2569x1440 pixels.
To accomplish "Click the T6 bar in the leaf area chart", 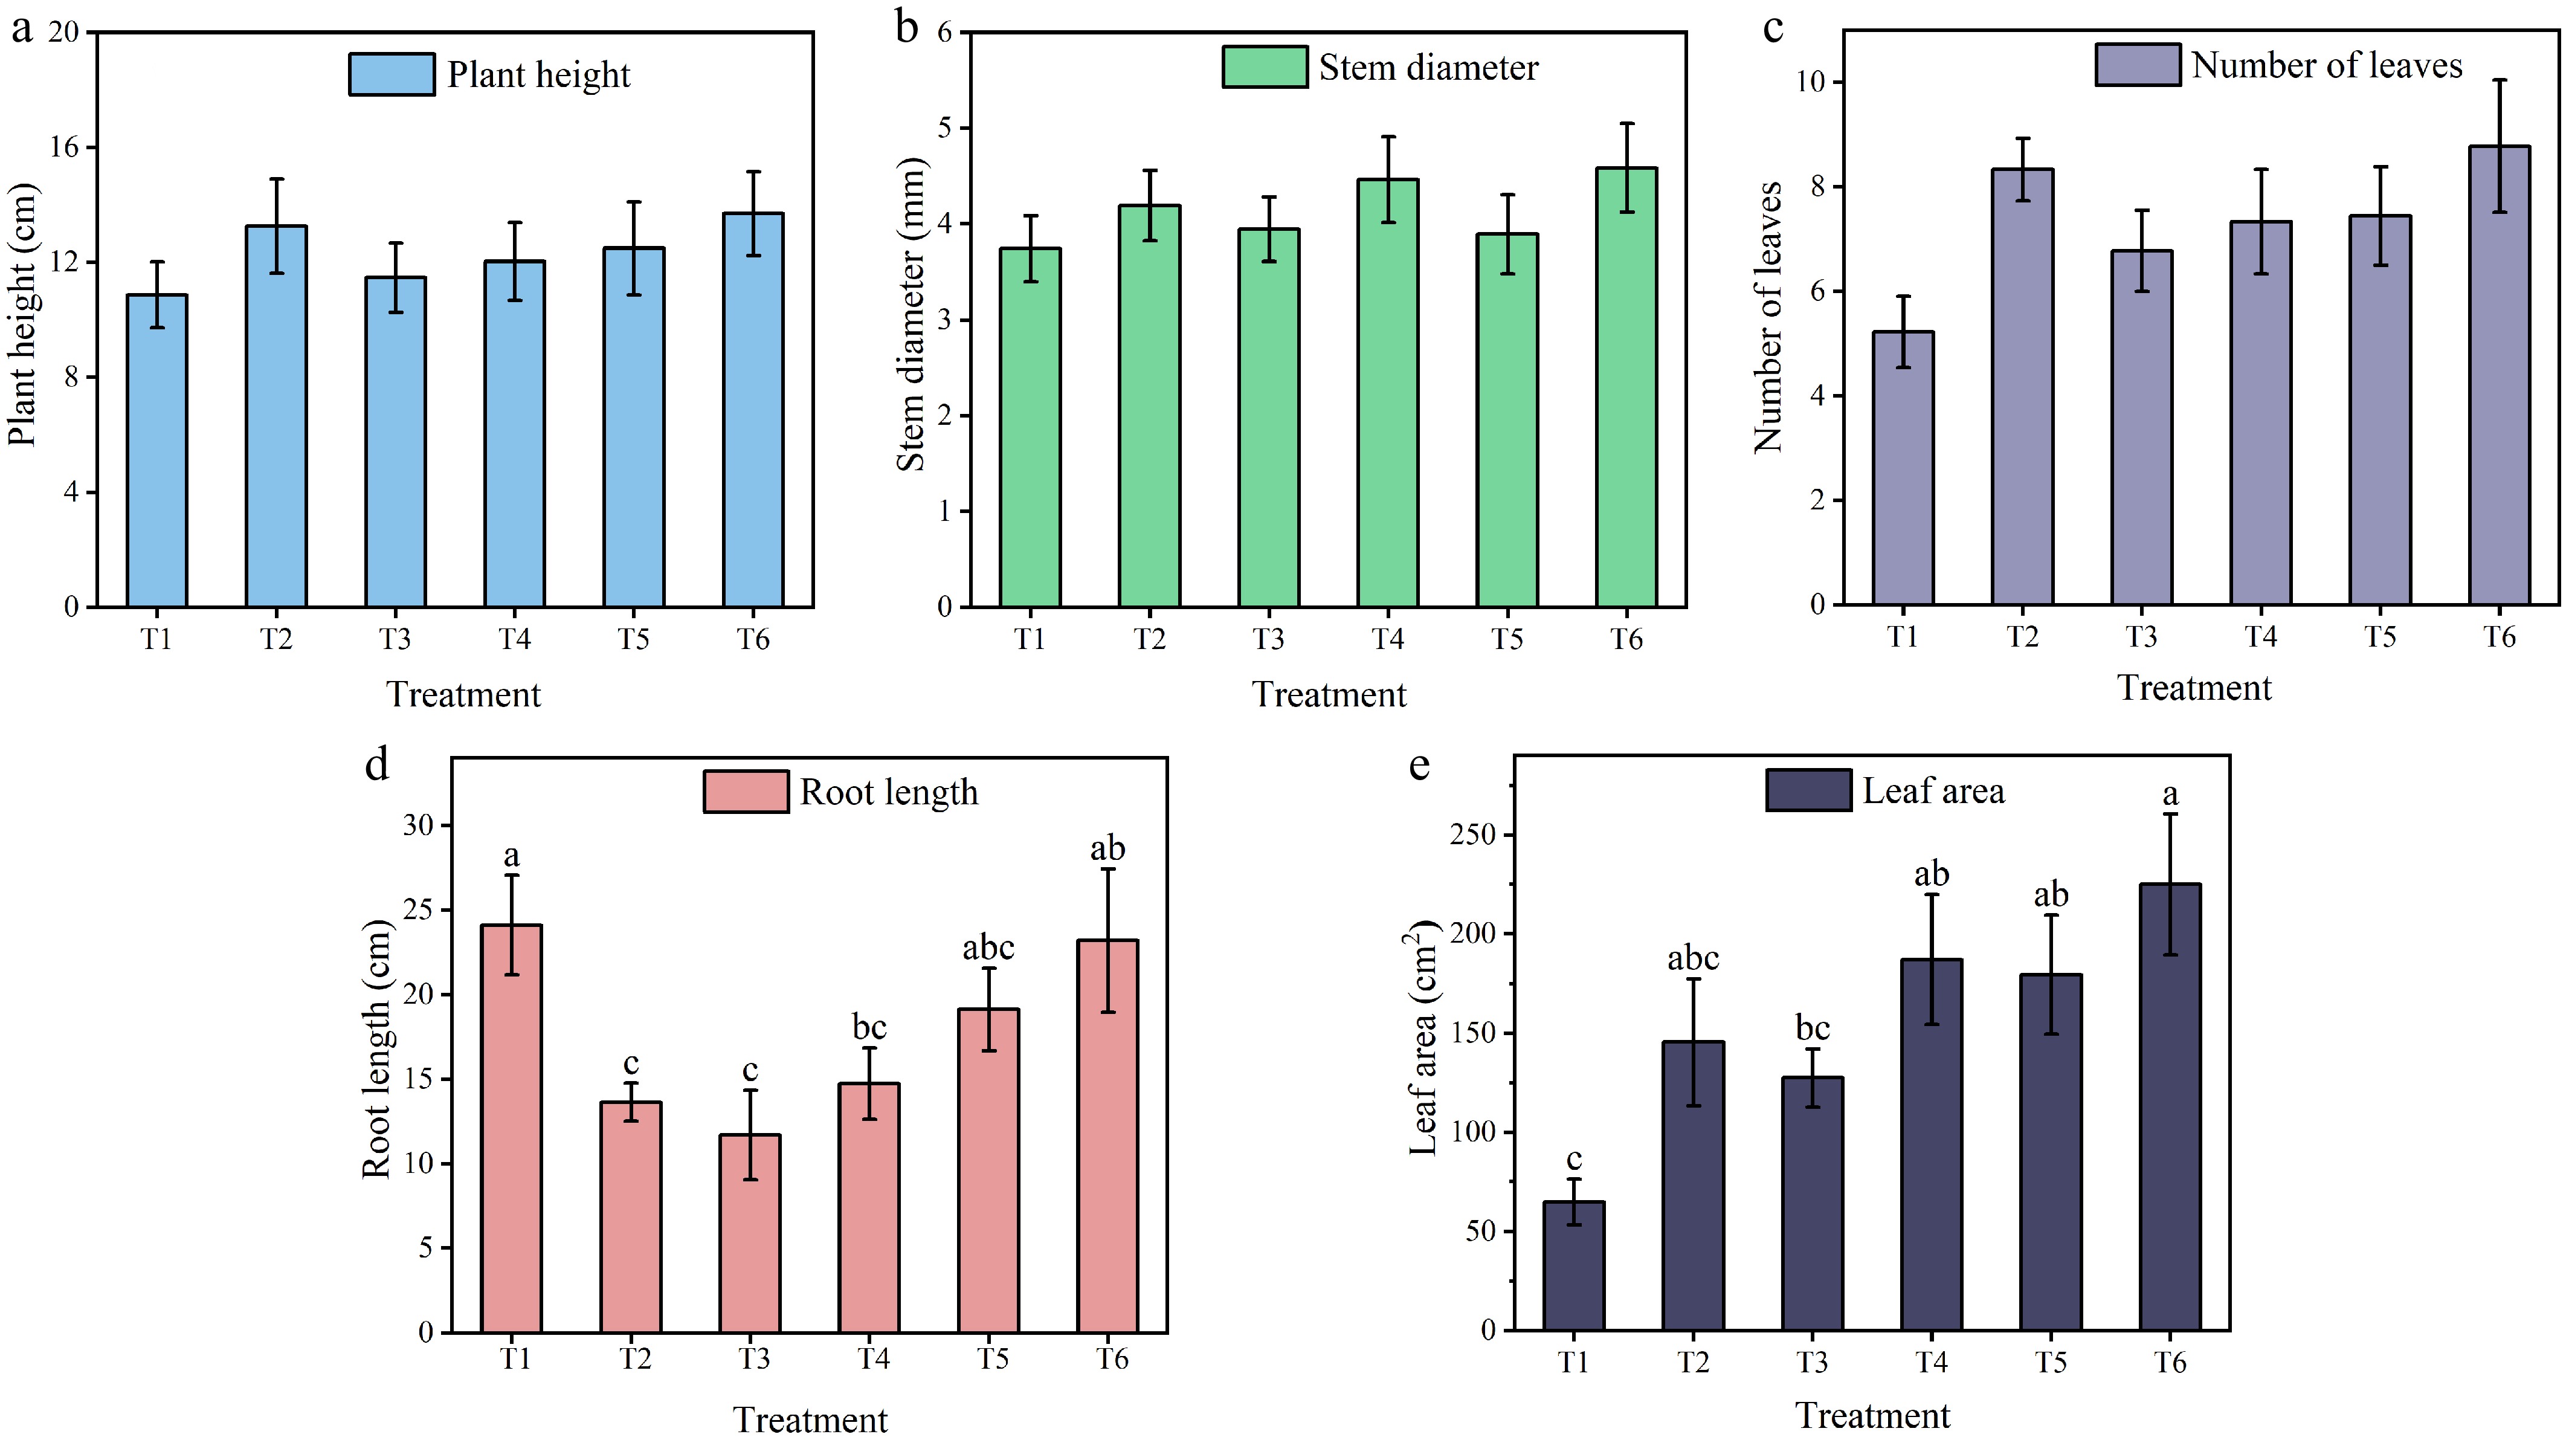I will click(2170, 1107).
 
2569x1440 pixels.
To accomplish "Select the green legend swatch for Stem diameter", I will click(1265, 68).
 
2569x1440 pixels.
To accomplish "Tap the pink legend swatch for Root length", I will click(746, 792).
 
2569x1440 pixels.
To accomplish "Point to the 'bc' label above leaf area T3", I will click(1812, 1028).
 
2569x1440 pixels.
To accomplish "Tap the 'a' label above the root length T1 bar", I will click(512, 856).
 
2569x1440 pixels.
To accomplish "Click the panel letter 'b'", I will click(906, 27).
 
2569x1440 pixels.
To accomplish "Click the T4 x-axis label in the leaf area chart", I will click(1931, 1362).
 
